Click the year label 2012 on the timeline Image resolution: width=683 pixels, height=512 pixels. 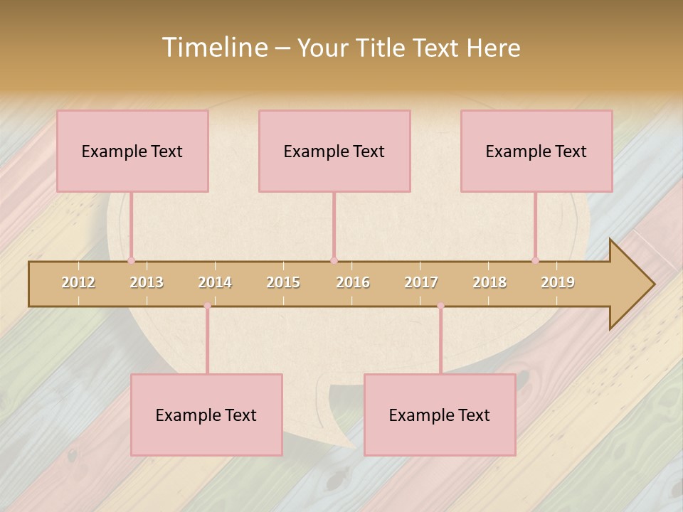coord(78,282)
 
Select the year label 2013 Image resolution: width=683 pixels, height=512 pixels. coord(147,282)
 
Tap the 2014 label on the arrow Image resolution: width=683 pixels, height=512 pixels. coord(215,282)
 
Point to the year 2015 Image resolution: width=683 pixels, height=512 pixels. coord(283,282)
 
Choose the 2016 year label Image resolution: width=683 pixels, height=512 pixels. coord(353,282)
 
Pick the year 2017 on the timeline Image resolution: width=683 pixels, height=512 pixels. coord(421,282)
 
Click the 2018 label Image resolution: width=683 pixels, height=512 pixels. coord(489,282)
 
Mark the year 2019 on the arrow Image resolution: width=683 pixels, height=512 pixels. coord(558,282)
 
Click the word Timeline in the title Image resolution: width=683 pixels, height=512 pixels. coord(213,48)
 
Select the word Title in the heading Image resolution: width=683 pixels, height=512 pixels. coord(382,48)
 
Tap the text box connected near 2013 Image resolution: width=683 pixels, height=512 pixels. coord(132,151)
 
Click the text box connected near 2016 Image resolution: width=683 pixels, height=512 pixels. coord(334,151)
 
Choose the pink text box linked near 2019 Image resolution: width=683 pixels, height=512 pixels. coord(536,151)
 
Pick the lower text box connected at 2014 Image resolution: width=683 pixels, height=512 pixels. coord(206,415)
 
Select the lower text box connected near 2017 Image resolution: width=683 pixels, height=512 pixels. coord(440,415)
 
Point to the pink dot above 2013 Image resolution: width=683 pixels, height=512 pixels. coord(131,260)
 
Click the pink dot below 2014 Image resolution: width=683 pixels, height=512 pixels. coord(207,306)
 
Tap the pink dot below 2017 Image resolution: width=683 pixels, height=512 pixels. coord(440,306)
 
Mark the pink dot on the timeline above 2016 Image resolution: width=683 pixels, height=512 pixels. coord(334,260)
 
